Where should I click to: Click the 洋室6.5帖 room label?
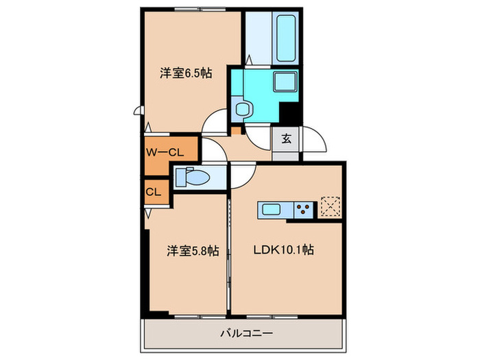click(x=185, y=73)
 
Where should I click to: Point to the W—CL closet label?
click(x=163, y=151)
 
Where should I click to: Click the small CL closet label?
click(x=153, y=192)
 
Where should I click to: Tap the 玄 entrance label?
click(x=286, y=139)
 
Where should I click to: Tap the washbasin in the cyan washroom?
click(x=241, y=108)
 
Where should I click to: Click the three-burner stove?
click(x=304, y=209)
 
